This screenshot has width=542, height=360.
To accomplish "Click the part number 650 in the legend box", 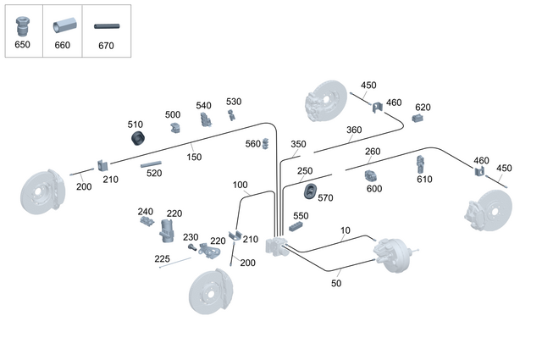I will click(x=23, y=45).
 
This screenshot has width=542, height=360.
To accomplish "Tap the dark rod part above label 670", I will click(x=106, y=27).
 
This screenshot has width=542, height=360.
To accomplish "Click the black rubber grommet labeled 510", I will click(x=134, y=139).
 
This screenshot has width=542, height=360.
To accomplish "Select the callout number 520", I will click(x=153, y=173).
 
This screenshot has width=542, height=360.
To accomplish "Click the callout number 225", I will click(x=162, y=258).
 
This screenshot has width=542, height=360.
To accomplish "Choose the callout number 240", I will click(x=146, y=212).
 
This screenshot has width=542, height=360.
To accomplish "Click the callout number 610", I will click(x=424, y=179).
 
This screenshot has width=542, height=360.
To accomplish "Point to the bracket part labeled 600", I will click(x=370, y=176).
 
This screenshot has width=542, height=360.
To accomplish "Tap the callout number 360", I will click(x=353, y=130).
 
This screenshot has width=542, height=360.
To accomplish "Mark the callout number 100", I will click(x=240, y=185).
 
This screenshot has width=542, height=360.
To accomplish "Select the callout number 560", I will click(x=253, y=143).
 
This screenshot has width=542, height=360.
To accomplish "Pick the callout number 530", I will click(x=234, y=102).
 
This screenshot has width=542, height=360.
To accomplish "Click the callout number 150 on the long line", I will click(x=194, y=157).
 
